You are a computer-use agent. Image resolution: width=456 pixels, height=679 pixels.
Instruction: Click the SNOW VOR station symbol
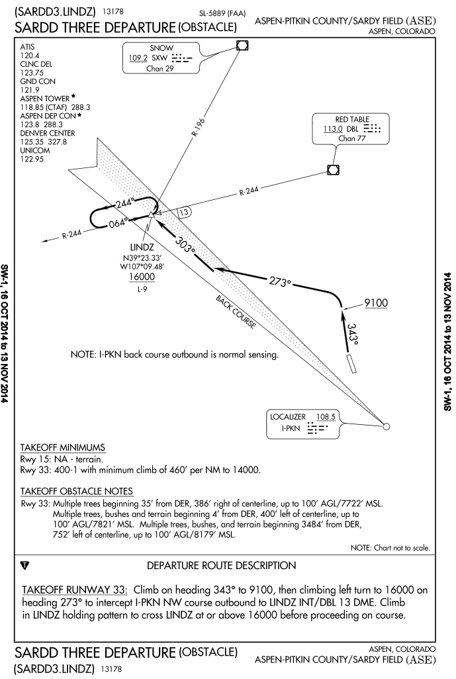tap(242, 45)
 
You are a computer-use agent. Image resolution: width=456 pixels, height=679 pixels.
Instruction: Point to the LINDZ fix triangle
tap(152, 214)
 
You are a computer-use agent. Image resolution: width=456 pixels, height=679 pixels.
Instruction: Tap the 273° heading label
tap(279, 281)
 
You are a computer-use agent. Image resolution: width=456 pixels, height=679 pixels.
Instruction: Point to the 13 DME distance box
tap(185, 212)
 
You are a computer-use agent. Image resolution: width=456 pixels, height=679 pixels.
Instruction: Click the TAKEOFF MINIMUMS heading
tap(62, 447)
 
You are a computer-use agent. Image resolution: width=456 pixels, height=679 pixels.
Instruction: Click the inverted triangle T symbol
tap(25, 566)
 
